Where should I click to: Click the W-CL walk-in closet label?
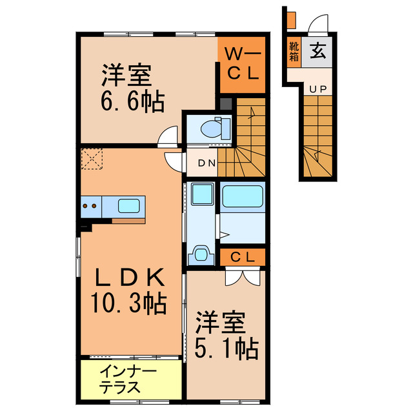tap(241, 65)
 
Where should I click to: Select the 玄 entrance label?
tap(317, 51)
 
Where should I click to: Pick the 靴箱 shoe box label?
tap(294, 51)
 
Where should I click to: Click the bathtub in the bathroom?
tap(242, 196)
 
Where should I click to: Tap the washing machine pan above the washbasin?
tap(203, 194)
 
